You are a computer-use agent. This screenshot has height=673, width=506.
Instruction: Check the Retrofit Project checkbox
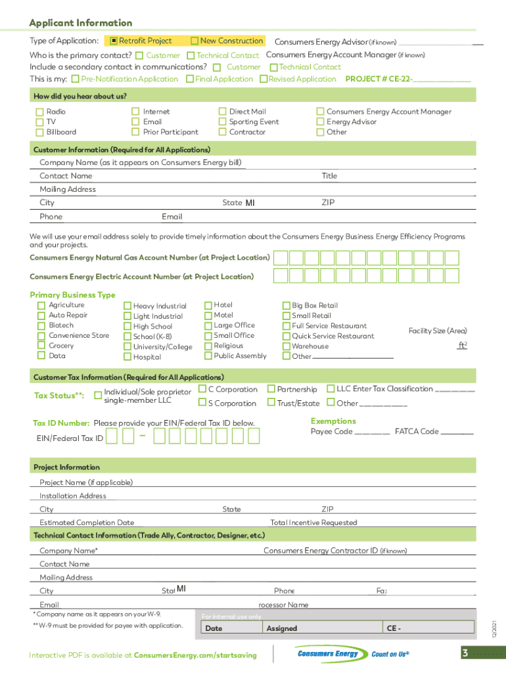[x=114, y=41]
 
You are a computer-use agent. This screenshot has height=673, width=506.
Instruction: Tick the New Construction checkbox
[x=195, y=41]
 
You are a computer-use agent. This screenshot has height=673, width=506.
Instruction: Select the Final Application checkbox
[x=190, y=80]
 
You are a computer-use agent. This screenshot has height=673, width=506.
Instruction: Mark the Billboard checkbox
[x=39, y=132]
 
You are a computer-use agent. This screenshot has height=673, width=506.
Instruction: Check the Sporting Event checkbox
[x=223, y=122]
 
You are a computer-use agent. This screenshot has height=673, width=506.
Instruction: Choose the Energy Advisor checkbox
[x=321, y=122]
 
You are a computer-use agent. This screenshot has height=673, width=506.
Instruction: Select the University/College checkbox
[x=127, y=347]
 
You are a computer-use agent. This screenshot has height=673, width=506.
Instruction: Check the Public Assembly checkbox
[x=208, y=356]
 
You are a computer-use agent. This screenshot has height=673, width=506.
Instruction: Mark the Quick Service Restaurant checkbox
[x=286, y=336]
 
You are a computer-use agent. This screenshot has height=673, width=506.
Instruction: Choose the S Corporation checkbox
[x=202, y=404]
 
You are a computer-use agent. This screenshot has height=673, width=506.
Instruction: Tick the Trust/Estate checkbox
[x=271, y=404]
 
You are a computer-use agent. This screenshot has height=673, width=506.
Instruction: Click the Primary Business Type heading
[x=72, y=295]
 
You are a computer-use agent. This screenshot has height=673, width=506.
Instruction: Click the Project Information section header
[x=66, y=467]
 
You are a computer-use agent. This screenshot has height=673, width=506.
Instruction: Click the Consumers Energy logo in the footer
[x=328, y=654]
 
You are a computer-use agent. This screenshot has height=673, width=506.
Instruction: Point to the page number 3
[x=465, y=653]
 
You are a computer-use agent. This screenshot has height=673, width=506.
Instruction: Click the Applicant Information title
[x=80, y=23]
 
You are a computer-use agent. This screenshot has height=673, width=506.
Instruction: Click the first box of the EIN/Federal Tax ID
[x=112, y=436]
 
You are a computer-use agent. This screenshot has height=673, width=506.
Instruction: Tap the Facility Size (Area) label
[x=438, y=331]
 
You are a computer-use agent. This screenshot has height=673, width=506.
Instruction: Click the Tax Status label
[x=58, y=396]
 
